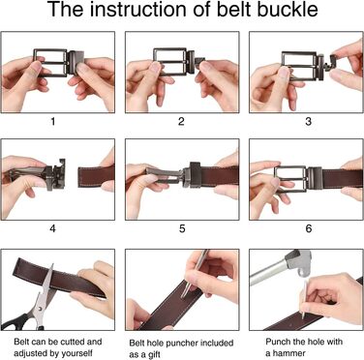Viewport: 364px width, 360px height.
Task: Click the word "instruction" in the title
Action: pos(137,10)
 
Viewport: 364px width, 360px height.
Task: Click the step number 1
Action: pos(53,121)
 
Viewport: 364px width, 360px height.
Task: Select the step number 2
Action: pos(181,121)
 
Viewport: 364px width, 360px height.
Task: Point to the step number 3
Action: pos(308,121)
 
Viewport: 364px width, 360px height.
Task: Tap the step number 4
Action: pos(52,228)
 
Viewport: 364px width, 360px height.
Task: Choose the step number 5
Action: pos(182,228)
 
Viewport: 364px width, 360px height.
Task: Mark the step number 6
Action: pos(309,228)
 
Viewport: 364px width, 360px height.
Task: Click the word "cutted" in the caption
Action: pos(66,342)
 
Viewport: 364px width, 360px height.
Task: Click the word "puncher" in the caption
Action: pos(182,343)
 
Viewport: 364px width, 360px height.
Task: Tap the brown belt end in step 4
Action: pos(96,176)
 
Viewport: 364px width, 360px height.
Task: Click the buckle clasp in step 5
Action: pos(193,174)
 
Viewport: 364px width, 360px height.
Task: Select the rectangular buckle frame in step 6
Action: pos(290,179)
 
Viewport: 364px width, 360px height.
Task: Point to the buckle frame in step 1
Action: pos(50,62)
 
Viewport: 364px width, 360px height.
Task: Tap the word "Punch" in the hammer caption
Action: pos(276,342)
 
